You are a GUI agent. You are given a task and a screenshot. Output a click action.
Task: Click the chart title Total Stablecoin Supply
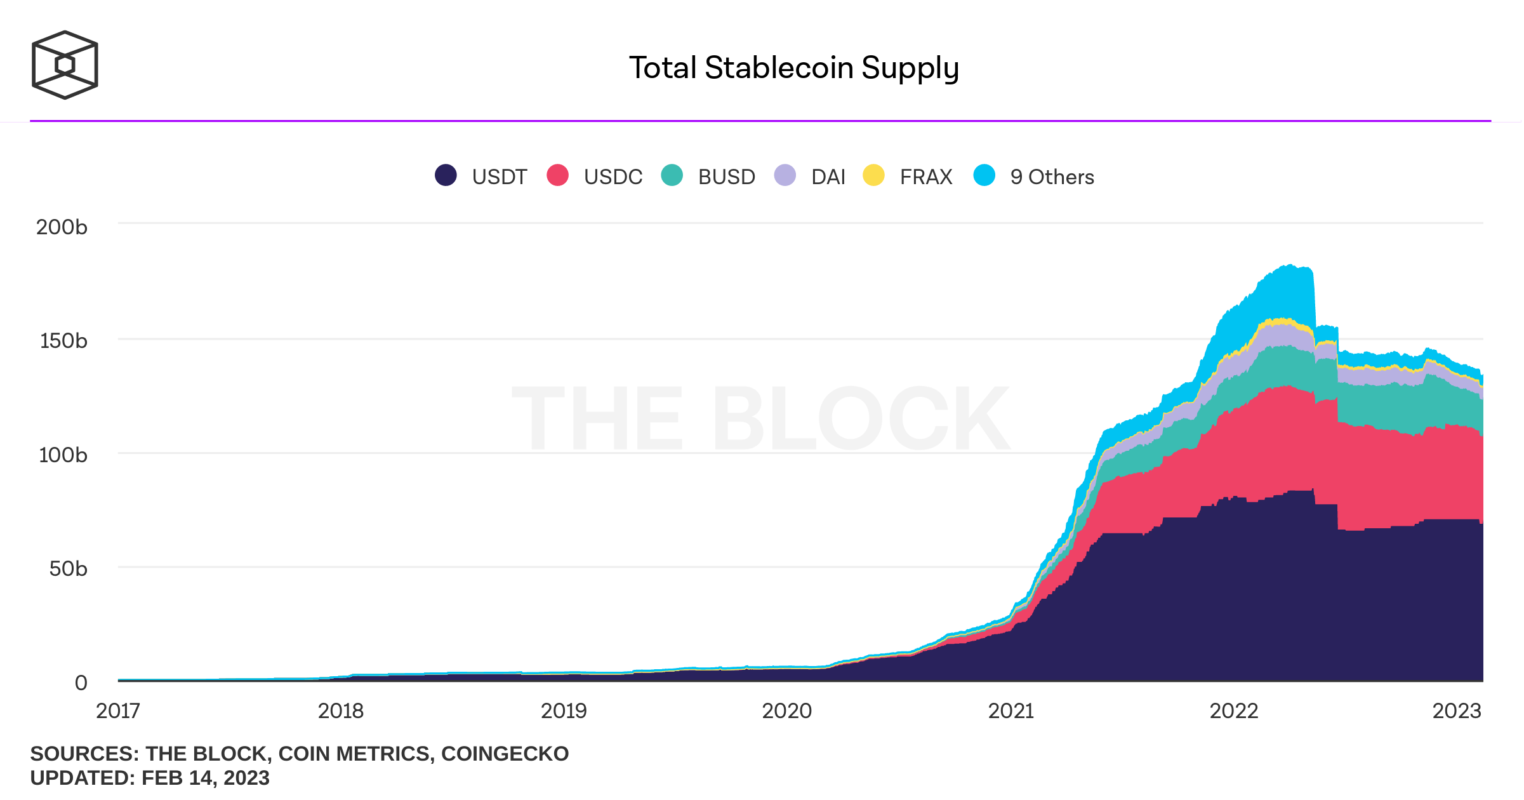click(793, 68)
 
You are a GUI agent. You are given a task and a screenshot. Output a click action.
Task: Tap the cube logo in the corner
click(65, 65)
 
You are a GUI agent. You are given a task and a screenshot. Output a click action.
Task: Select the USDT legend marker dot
click(446, 175)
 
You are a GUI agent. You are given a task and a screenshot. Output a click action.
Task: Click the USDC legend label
click(613, 177)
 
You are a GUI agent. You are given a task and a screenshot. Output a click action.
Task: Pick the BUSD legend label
click(726, 177)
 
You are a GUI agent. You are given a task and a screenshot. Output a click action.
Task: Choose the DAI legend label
click(828, 177)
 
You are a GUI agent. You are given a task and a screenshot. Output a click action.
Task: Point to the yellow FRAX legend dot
click(873, 175)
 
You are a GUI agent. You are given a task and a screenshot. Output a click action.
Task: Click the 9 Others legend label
click(1052, 177)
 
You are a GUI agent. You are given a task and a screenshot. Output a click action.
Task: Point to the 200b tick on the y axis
click(62, 227)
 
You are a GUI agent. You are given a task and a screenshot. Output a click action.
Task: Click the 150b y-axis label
click(63, 341)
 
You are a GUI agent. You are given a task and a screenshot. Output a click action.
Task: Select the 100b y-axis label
click(63, 455)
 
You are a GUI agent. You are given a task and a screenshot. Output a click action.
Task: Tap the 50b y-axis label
click(68, 569)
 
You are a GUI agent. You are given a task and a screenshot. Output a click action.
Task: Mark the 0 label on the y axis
click(81, 683)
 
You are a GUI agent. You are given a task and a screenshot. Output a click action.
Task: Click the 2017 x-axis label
click(118, 711)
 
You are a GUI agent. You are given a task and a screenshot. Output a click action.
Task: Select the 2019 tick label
click(564, 711)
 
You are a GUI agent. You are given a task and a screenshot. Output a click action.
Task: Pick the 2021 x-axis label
click(1010, 711)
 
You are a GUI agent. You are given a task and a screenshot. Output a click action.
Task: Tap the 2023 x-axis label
click(1457, 711)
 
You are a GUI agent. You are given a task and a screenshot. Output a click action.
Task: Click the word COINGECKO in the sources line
click(505, 754)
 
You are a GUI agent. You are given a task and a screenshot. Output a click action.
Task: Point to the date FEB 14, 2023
click(205, 778)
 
